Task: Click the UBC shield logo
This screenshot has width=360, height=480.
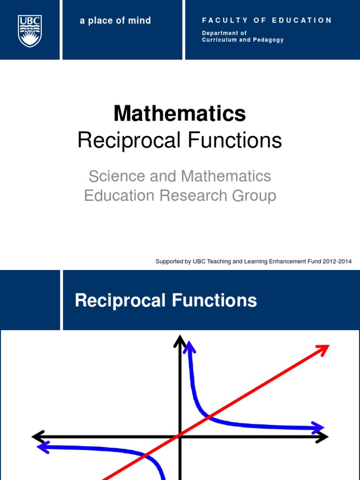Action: tap(30, 30)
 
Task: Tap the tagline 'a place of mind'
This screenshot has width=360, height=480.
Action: tap(115, 21)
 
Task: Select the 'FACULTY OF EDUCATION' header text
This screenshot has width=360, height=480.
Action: tap(267, 21)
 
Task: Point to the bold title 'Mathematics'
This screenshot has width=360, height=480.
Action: tap(180, 113)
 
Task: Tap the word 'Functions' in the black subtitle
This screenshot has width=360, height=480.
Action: tap(235, 140)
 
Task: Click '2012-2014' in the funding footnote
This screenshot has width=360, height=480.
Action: tap(337, 262)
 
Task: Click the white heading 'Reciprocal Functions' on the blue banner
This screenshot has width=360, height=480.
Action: tap(166, 300)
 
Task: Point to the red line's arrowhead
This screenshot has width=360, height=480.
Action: tap(324, 349)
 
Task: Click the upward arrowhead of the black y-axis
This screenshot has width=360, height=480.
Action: tap(180, 341)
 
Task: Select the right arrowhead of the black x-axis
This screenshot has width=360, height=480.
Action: tap(322, 437)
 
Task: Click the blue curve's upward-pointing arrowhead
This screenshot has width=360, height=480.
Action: tap(189, 347)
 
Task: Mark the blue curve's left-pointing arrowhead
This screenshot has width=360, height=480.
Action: tap(43, 448)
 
